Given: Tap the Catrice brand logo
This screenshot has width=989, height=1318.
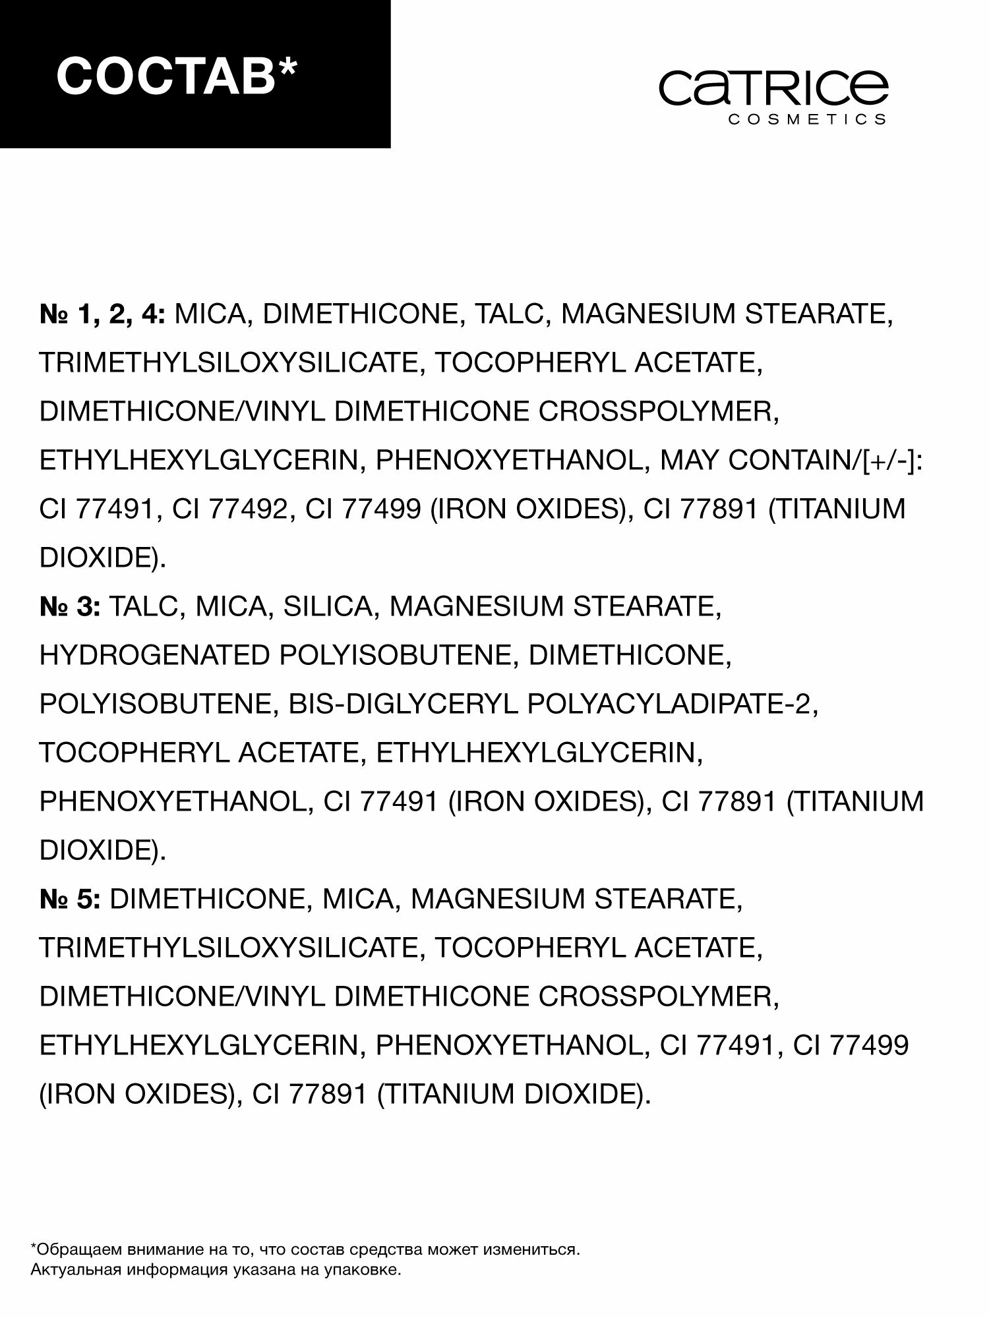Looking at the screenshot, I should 774,88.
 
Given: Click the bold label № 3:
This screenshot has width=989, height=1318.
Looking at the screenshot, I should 69,607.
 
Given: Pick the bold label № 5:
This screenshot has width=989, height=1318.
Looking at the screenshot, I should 69,900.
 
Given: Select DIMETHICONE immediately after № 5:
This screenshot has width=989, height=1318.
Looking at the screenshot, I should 210,900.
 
